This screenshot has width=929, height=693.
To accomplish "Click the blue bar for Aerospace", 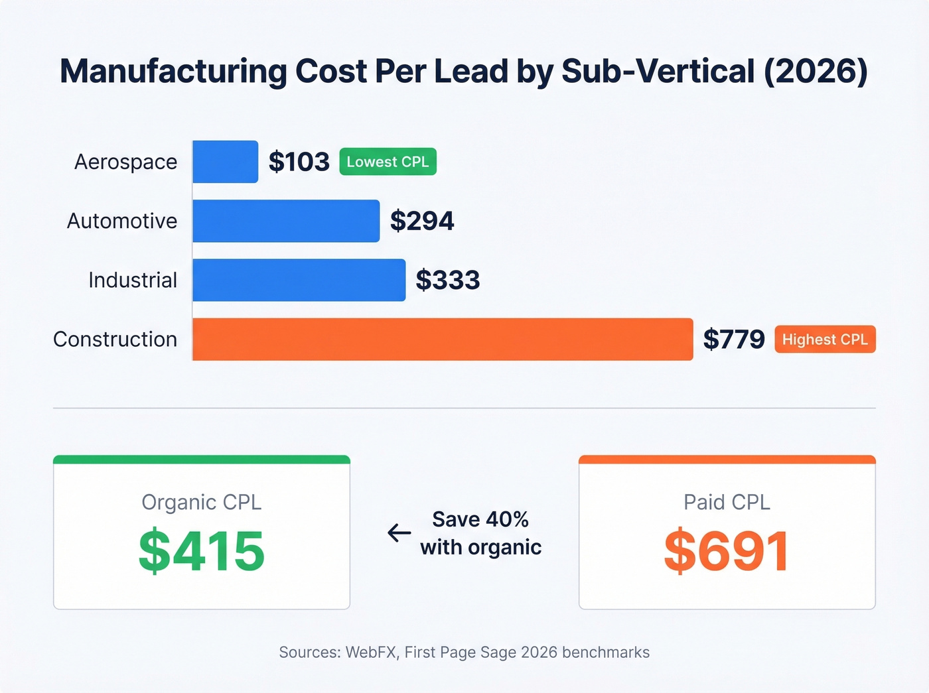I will tap(225, 162).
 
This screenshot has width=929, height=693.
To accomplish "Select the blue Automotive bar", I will tap(286, 221).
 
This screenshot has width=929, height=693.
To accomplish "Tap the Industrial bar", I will tap(299, 280).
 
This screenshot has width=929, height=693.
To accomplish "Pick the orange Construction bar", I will tap(443, 340).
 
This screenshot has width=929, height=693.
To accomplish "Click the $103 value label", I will tap(299, 162).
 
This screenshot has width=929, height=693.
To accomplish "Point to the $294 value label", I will tap(422, 221).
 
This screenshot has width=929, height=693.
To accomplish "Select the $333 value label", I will tap(448, 280).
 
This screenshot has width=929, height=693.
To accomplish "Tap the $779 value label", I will tap(734, 340).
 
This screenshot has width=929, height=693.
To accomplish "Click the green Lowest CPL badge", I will tap(388, 162).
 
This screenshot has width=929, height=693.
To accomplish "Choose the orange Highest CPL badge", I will tap(825, 340).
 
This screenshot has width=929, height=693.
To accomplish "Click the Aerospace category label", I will tap(125, 162).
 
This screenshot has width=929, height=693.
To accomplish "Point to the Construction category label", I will tap(115, 340).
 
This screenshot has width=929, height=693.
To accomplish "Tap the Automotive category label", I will tap(122, 221).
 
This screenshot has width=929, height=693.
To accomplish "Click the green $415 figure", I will tap(202, 551).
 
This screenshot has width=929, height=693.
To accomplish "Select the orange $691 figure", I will tap(727, 551).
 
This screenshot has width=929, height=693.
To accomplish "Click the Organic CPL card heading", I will tap(202, 502).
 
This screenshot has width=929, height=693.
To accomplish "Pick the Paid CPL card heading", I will tap(727, 502).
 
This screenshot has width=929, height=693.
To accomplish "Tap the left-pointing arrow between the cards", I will tap(399, 533).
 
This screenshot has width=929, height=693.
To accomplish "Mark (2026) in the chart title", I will tap(816, 72).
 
